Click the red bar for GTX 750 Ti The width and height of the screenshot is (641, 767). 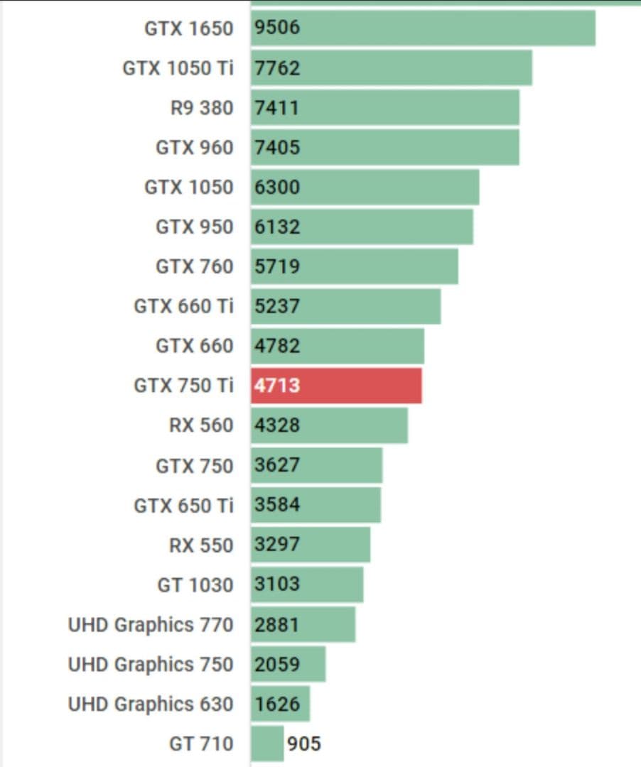(336, 386)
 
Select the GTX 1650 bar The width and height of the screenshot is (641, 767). (423, 28)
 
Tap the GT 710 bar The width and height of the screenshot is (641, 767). (267, 744)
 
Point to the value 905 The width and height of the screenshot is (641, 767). (304, 744)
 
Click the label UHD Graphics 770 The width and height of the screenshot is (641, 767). (151, 625)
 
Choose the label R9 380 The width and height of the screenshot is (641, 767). (202, 108)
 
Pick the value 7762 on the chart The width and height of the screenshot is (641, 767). (277, 68)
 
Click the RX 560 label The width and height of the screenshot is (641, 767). (201, 425)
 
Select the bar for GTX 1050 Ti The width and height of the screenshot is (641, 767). (392, 68)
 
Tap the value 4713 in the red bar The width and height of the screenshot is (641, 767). (277, 386)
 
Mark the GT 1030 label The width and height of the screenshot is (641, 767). (195, 585)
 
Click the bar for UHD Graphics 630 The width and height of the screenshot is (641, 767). (281, 704)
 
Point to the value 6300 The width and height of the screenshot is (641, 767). (277, 187)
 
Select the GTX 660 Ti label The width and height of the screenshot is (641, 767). (183, 306)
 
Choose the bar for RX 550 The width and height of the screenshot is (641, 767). (311, 545)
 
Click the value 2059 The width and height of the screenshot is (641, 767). (277, 665)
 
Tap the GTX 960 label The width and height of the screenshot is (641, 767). (195, 148)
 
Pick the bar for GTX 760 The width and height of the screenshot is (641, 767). (355, 266)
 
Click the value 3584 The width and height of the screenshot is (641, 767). (277, 505)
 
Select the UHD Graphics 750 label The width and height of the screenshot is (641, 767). (151, 665)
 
